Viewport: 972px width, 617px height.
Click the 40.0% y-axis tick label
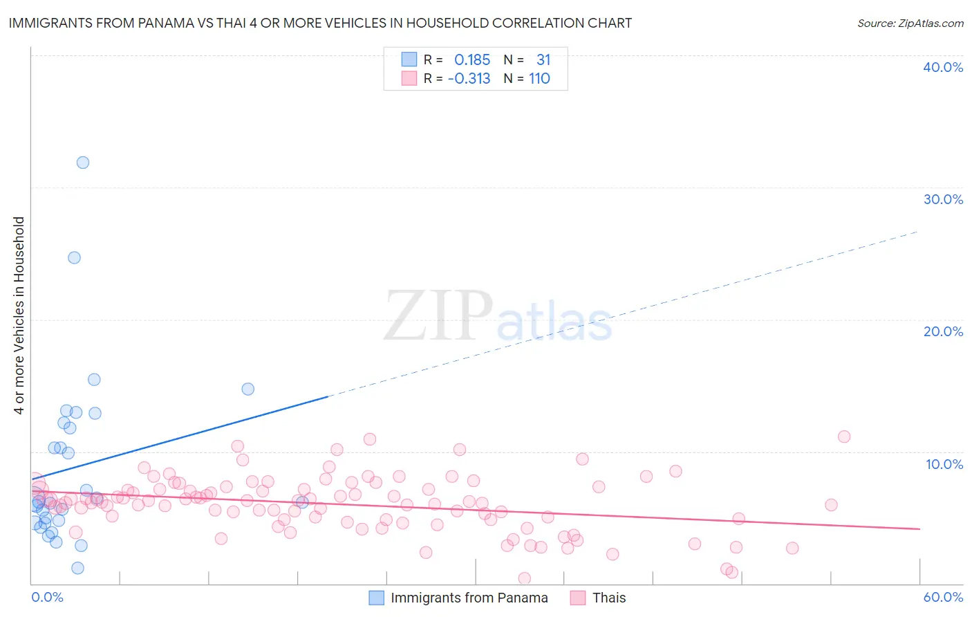[943, 67]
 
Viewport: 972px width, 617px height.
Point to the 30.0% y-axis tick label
[943, 199]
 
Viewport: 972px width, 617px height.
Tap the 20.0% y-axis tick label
[943, 331]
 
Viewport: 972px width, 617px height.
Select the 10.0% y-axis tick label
[944, 464]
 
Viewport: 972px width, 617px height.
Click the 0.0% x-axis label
[47, 597]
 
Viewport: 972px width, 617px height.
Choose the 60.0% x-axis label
[943, 597]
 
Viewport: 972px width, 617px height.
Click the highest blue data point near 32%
[83, 163]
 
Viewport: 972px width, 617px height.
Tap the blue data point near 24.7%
[74, 257]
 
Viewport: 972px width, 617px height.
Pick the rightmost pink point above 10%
[844, 436]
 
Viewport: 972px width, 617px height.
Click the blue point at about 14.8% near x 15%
[248, 389]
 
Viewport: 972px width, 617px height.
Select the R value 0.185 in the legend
[472, 60]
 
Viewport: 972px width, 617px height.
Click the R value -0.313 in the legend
[469, 79]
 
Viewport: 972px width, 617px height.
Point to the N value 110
[539, 79]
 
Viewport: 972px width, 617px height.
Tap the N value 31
[543, 60]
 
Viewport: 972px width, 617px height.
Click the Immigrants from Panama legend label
[469, 598]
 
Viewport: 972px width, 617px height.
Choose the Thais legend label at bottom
[608, 598]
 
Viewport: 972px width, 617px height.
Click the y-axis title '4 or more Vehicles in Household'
[19, 315]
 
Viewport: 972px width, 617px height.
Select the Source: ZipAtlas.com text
[910, 24]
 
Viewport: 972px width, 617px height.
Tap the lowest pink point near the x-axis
[524, 578]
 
